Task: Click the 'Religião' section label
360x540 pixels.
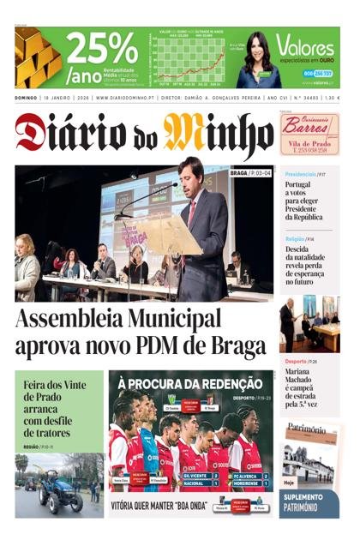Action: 295,238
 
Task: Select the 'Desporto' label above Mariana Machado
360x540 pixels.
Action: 297,361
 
